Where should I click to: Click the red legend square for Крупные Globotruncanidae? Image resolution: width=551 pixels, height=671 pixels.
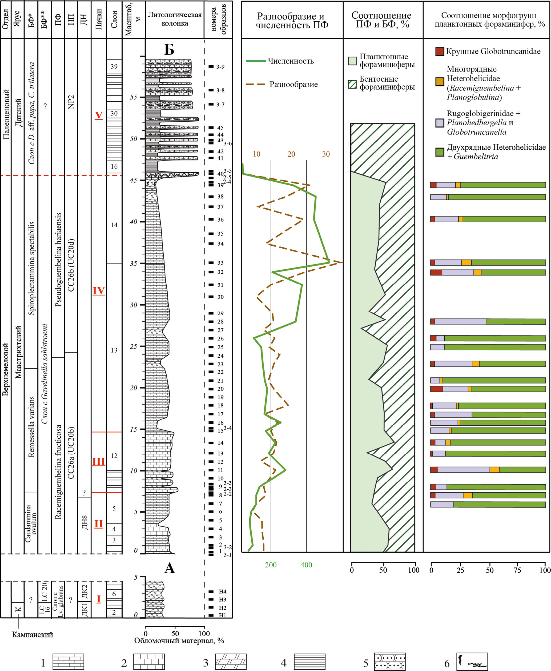tap(440, 51)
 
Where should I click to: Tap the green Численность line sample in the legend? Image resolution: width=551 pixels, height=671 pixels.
tap(256, 61)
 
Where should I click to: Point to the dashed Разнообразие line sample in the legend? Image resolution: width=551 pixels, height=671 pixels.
tap(256, 85)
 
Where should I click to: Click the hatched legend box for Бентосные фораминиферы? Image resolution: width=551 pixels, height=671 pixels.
tap(352, 84)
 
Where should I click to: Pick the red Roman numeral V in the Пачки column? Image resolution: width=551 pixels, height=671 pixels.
tap(99, 115)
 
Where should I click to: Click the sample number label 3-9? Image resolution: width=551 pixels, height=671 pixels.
tap(220, 67)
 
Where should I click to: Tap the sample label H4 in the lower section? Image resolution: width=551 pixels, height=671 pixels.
tap(223, 592)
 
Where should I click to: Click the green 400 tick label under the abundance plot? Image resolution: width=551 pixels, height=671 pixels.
tap(306, 565)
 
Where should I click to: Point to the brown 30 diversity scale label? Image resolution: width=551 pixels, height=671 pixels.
tap(326, 154)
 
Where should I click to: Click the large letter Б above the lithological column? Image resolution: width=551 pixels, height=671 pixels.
tap(169, 49)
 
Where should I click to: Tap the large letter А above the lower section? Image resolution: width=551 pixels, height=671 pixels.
tap(170, 568)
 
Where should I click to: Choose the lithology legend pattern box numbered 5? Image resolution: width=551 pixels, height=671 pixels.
tap(390, 661)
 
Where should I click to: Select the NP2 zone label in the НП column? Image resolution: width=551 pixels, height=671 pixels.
tap(71, 102)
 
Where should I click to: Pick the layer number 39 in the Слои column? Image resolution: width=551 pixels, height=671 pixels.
tap(114, 66)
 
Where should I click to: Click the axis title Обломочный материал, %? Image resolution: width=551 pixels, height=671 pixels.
tap(179, 641)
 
